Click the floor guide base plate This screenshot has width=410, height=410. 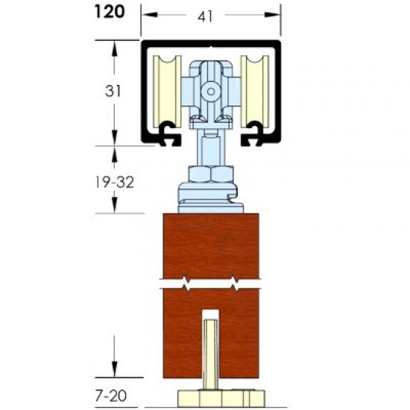tap(212, 395)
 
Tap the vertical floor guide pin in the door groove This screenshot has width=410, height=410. tap(212, 350)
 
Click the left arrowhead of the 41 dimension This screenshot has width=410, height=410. tap(147, 13)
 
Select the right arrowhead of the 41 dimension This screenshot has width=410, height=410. tap(277, 13)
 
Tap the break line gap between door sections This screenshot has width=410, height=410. tap(211, 284)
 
